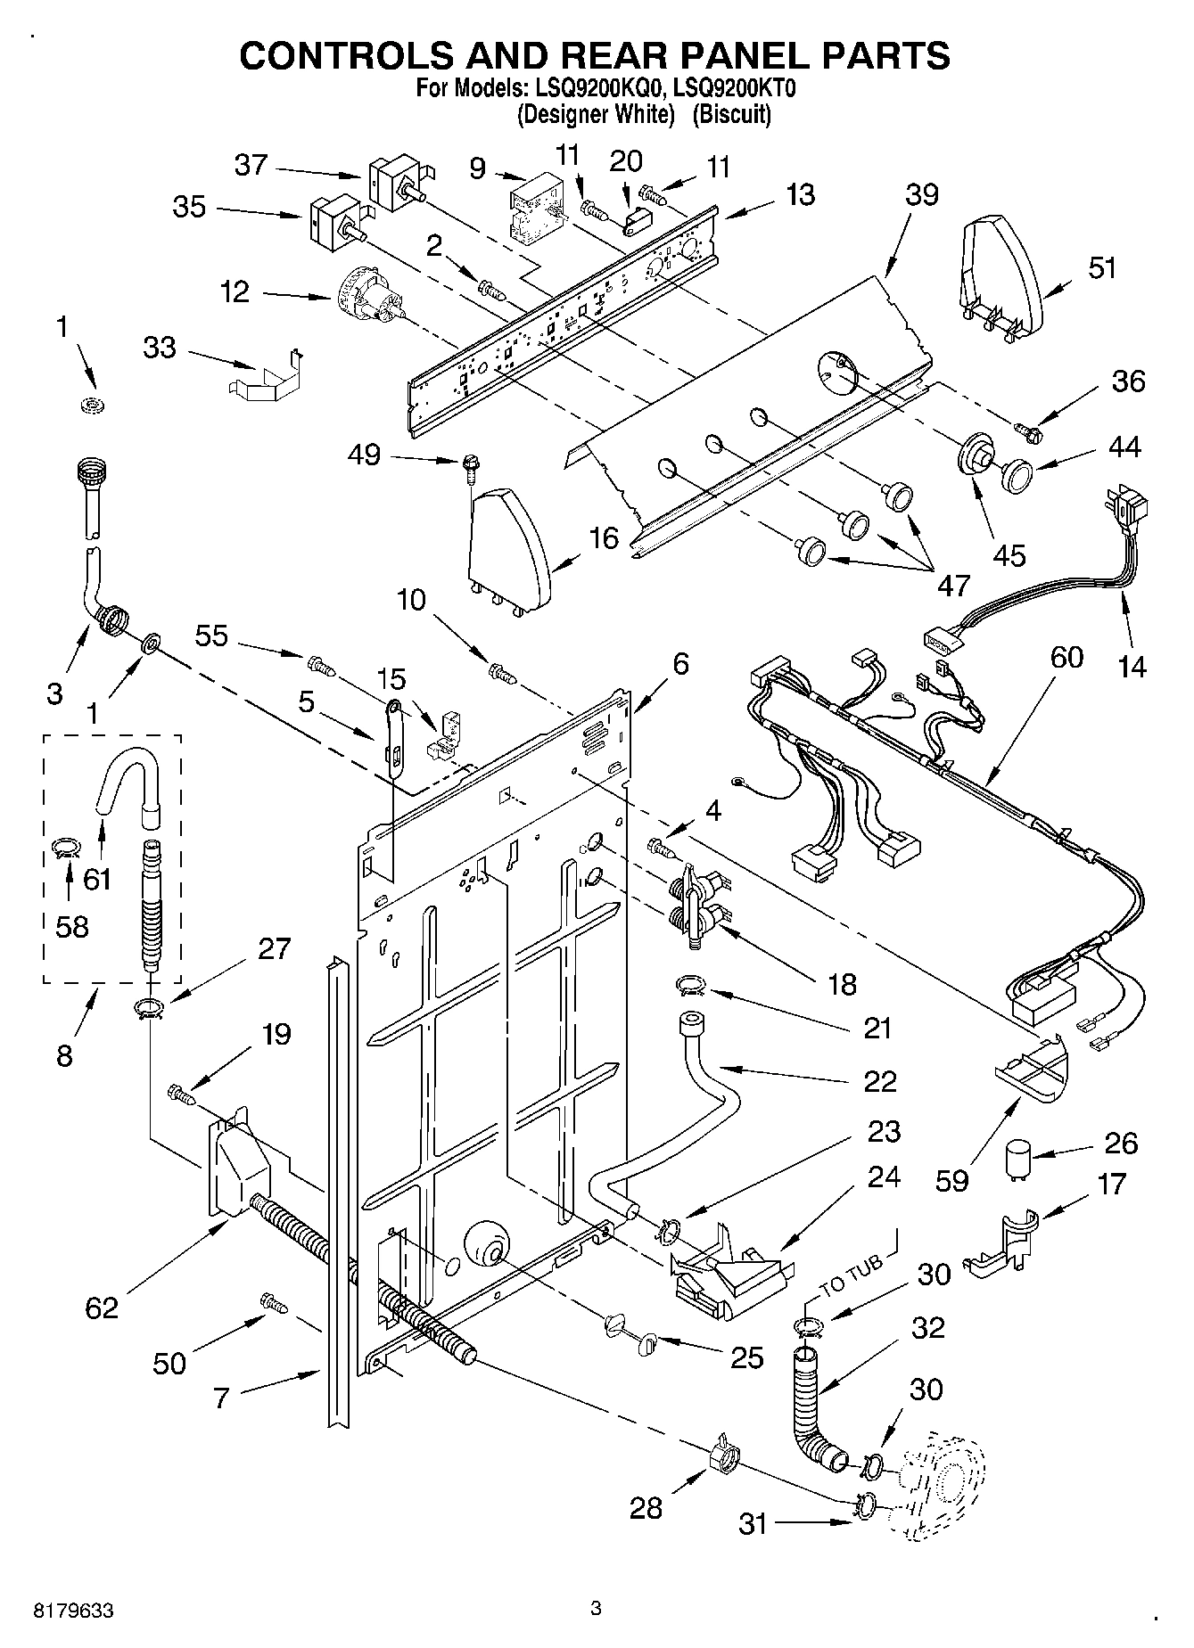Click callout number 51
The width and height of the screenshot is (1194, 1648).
click(x=1102, y=267)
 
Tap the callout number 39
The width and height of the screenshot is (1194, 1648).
click(x=922, y=194)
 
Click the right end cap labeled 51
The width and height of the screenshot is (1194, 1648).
click(x=1000, y=272)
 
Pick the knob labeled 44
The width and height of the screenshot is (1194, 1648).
click(x=1015, y=474)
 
